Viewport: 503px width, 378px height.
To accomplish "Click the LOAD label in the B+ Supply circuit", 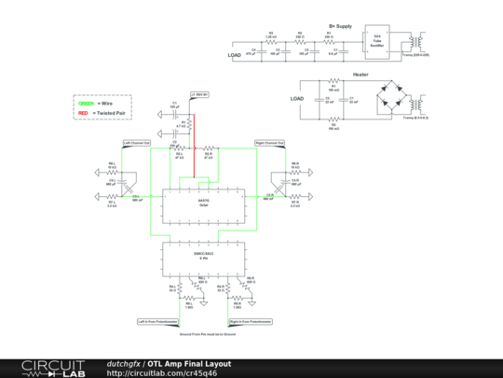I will tap(235, 55).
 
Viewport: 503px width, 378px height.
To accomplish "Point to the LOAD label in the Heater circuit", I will tap(297, 98).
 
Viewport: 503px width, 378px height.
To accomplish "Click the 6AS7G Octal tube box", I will tap(202, 204).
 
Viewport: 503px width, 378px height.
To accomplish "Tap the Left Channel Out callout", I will tap(136, 143).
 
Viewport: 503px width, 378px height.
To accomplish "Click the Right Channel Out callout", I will tap(270, 143).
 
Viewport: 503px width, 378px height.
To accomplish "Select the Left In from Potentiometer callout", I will tap(156, 320).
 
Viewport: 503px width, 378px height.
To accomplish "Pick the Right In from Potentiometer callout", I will tap(251, 320).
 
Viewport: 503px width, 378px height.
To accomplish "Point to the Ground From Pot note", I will tap(202, 332).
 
